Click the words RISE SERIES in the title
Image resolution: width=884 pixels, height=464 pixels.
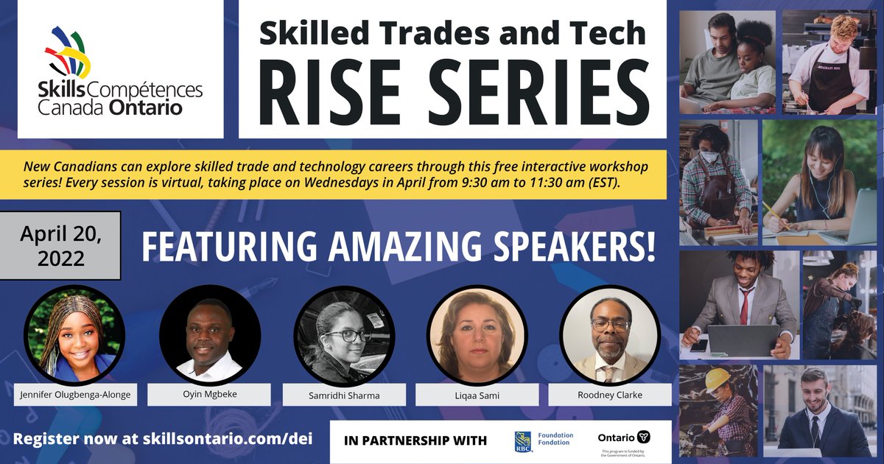[x=453, y=86]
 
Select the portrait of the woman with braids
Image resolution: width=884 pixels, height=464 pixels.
[x=71, y=335]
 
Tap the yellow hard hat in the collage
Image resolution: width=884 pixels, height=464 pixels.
[x=716, y=379]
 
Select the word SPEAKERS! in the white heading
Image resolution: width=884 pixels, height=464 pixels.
[x=574, y=247]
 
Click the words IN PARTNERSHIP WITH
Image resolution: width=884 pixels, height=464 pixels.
[x=415, y=441]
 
